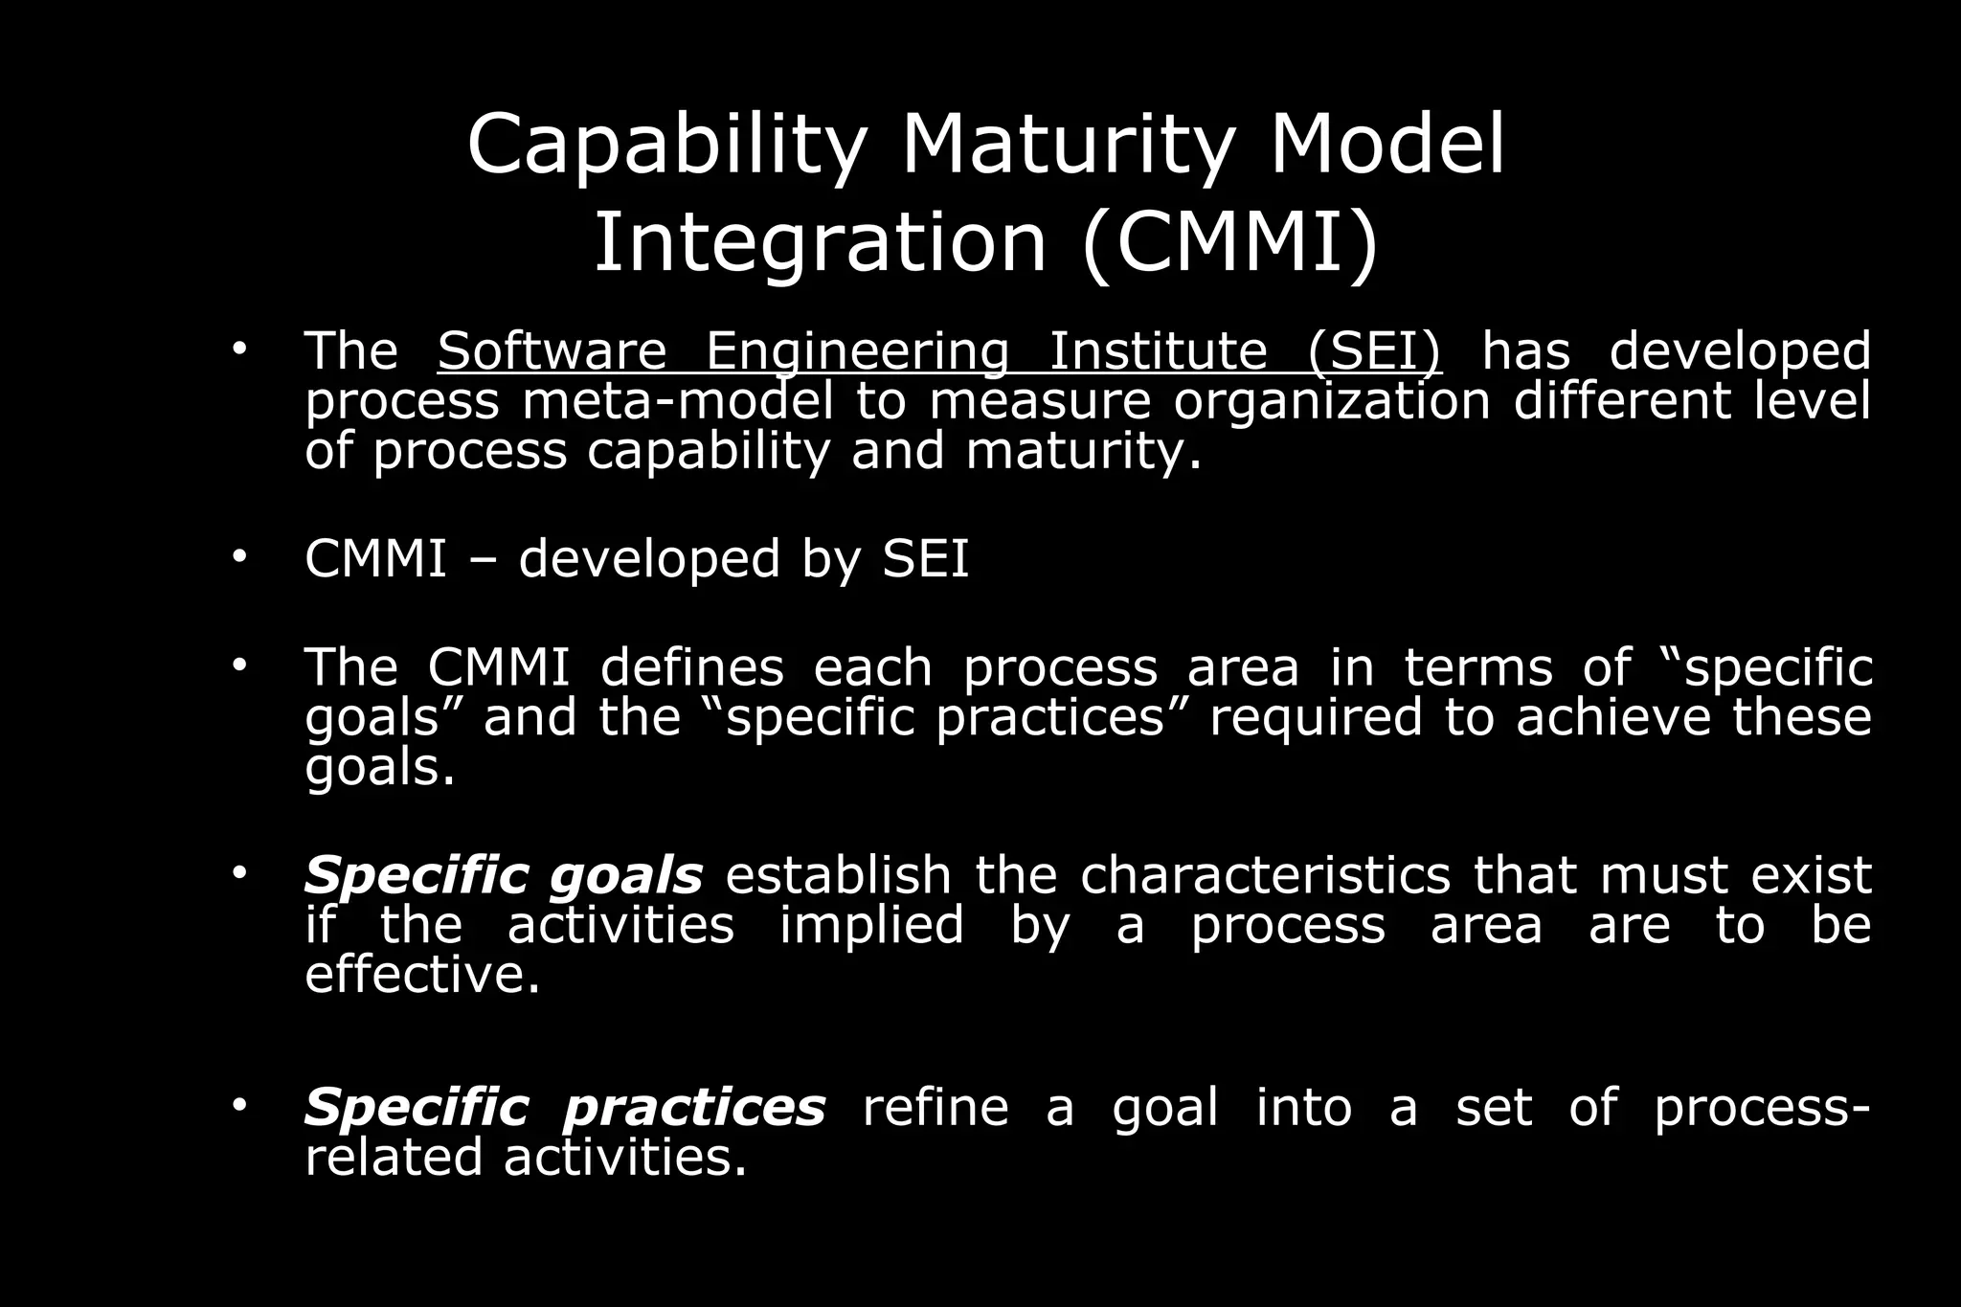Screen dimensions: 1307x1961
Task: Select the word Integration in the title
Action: pyautogui.click(x=820, y=243)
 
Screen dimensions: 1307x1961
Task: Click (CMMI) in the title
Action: pyautogui.click(x=1231, y=243)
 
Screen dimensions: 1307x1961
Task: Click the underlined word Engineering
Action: pyautogui.click(x=857, y=351)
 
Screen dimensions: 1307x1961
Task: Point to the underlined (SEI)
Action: pyautogui.click(x=1374, y=351)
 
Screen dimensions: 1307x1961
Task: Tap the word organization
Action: pyautogui.click(x=1332, y=400)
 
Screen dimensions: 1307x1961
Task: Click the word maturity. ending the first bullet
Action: pyautogui.click(x=1083, y=451)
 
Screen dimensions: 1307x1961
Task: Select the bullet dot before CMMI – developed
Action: pyautogui.click(x=238, y=555)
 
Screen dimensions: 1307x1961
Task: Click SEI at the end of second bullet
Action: pyautogui.click(x=925, y=558)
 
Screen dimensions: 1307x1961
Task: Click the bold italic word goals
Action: pyautogui.click(x=626, y=876)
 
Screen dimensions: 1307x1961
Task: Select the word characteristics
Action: pyautogui.click(x=1265, y=876)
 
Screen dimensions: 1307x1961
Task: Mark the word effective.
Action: pyautogui.click(x=422, y=975)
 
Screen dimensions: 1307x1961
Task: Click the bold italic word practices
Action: pyautogui.click(x=694, y=1108)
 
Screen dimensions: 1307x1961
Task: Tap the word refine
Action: pyautogui.click(x=935, y=1108)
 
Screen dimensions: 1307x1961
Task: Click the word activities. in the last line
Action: pyautogui.click(x=624, y=1158)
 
